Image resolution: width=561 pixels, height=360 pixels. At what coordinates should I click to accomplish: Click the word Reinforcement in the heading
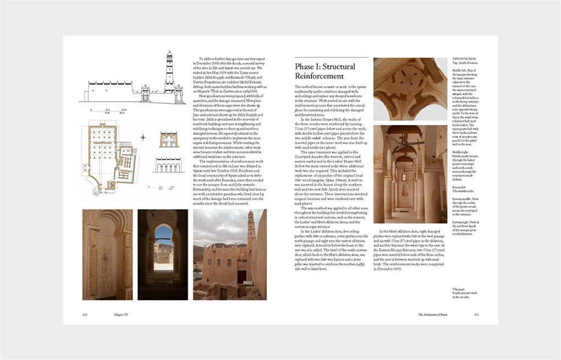(320, 76)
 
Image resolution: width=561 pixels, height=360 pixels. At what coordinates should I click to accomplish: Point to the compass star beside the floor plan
(143, 137)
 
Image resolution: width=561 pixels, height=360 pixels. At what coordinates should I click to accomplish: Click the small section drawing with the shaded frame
(168, 139)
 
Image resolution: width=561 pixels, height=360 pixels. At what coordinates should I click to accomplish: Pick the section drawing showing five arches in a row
(168, 165)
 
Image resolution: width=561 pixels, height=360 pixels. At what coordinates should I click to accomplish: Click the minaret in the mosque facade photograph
(250, 226)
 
